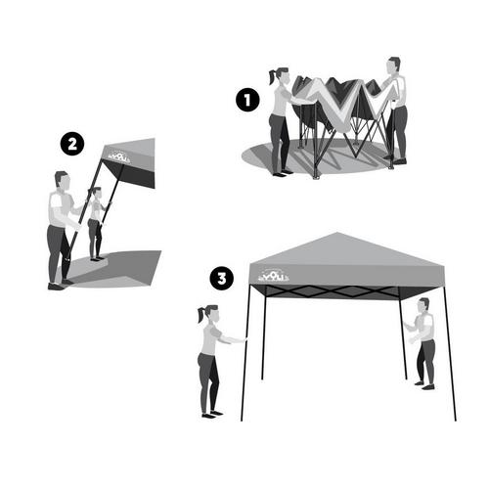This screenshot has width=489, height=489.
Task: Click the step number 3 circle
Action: [x=222, y=279]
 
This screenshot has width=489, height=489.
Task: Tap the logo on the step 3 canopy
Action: [x=273, y=277]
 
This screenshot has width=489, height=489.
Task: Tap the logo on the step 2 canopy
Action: [x=118, y=156]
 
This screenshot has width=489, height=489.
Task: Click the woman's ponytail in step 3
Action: [x=200, y=316]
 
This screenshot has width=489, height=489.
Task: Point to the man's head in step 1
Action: [x=393, y=66]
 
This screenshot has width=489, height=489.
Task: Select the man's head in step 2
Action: [x=62, y=181]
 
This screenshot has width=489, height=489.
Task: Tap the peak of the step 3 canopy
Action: [x=336, y=234]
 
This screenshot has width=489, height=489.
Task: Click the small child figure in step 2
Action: [x=96, y=225]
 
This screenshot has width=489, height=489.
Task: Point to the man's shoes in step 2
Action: [x=57, y=285]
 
